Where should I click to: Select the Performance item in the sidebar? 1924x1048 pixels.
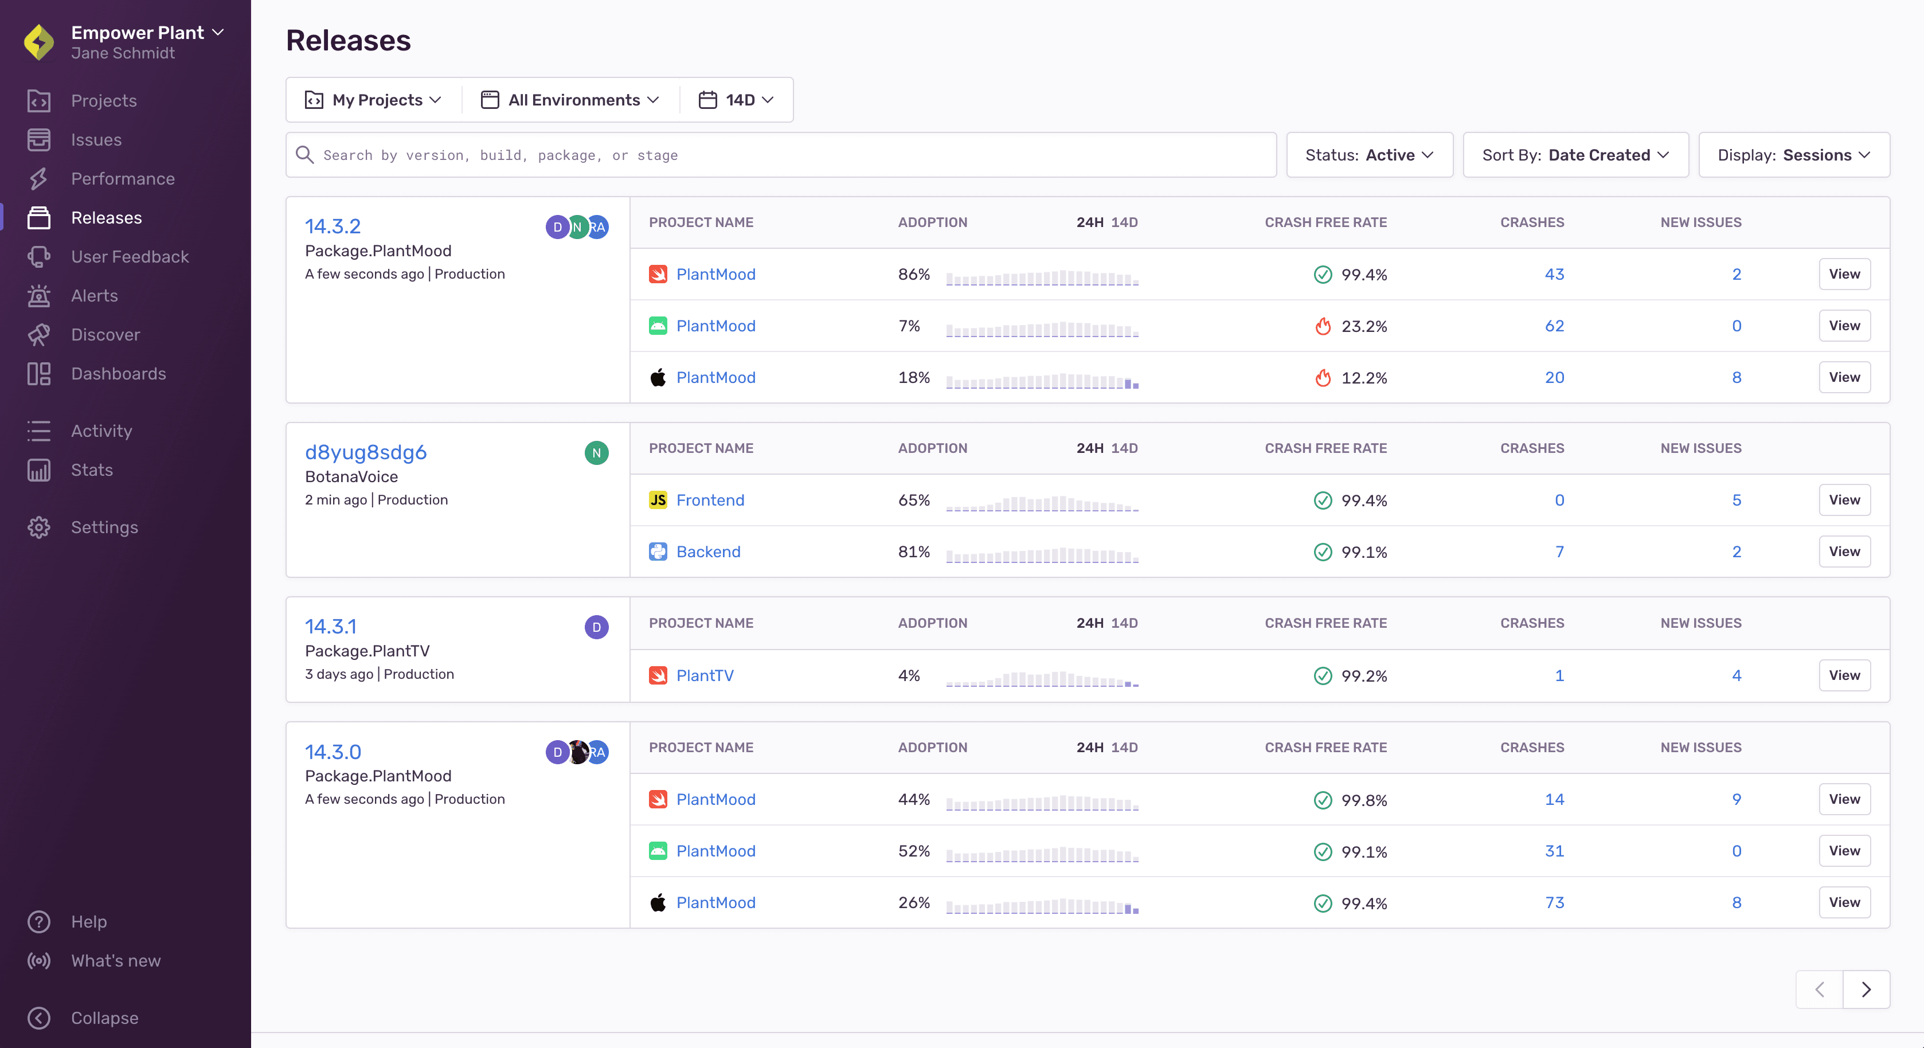tap(123, 178)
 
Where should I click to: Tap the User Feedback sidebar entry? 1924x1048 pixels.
tap(129, 256)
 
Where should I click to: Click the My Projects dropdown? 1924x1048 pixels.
tap(373, 100)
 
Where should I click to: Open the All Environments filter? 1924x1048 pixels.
tap(570, 100)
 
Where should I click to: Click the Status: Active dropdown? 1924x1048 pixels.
tap(1369, 155)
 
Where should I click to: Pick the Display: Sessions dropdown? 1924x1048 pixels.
tap(1793, 155)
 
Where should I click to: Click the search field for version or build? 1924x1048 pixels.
tap(780, 155)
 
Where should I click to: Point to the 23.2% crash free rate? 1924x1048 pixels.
tap(1363, 326)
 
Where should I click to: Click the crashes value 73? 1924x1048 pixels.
tap(1554, 902)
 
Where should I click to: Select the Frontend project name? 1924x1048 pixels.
tap(710, 500)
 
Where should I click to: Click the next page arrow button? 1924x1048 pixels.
tap(1866, 989)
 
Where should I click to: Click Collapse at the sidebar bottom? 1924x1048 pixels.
tap(104, 1018)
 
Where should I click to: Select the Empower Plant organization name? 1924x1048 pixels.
tap(138, 32)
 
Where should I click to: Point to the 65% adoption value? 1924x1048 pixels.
tap(913, 500)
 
